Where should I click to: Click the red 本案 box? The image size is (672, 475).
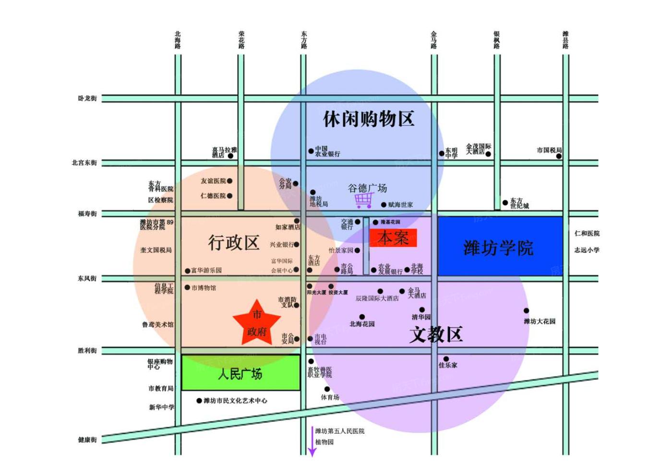pyautogui.click(x=393, y=238)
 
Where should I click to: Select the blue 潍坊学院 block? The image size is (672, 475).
pyautogui.click(x=499, y=247)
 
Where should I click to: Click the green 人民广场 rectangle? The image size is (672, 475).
pyautogui.click(x=240, y=373)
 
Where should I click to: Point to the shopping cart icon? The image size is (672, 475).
pyautogui.click(x=364, y=200)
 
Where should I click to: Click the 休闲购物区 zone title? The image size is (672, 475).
pyautogui.click(x=368, y=119)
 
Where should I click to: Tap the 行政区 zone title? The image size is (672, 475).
pyautogui.click(x=233, y=242)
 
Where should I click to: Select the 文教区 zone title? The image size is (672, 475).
pyautogui.click(x=436, y=334)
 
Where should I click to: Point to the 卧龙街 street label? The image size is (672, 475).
pyautogui.click(x=87, y=98)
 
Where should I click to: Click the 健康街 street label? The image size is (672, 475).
pyautogui.click(x=87, y=439)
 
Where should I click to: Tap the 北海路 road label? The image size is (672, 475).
pyautogui.click(x=178, y=40)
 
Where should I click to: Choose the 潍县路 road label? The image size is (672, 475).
pyautogui.click(x=565, y=40)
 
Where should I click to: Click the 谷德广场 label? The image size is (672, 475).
pyautogui.click(x=367, y=188)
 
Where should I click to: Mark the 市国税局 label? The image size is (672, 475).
pyautogui.click(x=549, y=150)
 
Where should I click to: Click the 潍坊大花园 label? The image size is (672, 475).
pyautogui.click(x=540, y=321)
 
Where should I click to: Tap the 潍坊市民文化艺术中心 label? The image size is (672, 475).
pyautogui.click(x=235, y=401)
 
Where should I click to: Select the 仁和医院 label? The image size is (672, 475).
pyautogui.click(x=587, y=233)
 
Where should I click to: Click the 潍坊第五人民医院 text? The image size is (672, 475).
pyautogui.click(x=339, y=431)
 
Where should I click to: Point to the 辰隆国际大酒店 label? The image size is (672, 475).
pyautogui.click(x=377, y=298)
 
